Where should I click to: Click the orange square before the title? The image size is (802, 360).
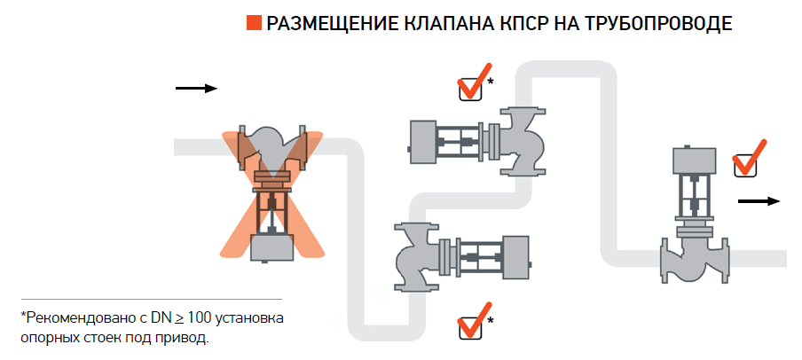pyautogui.click(x=254, y=22)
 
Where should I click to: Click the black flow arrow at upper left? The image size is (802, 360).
pyautogui.click(x=196, y=89)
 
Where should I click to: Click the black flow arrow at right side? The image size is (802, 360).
pyautogui.click(x=759, y=201)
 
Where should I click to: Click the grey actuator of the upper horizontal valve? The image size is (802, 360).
pyautogui.click(x=422, y=140)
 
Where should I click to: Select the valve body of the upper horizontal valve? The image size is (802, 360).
pyautogui.click(x=523, y=141)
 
